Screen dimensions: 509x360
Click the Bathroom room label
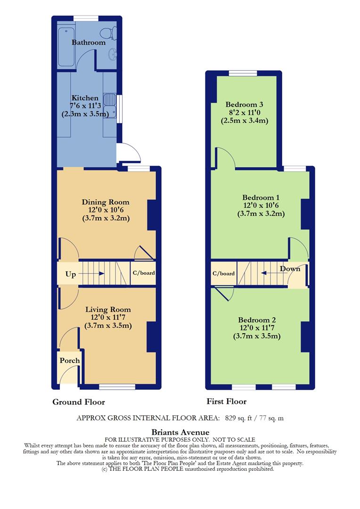pos(89,42)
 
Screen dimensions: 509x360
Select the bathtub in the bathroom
pos(65,47)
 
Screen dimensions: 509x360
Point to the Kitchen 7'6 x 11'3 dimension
pos(85,106)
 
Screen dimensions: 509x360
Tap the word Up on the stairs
pos(70,274)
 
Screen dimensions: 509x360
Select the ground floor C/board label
pos(143,273)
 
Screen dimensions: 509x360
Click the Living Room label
pos(108,309)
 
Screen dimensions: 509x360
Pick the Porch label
pos(69,361)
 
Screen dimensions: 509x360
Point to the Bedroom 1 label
pos(261,197)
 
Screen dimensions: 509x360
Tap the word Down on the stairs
pos(290,269)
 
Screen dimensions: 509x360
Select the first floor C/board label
pos(223,273)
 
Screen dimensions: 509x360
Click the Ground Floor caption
pos(78,402)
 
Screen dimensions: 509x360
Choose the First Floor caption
pos(226,402)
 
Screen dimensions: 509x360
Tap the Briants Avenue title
pos(180,432)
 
